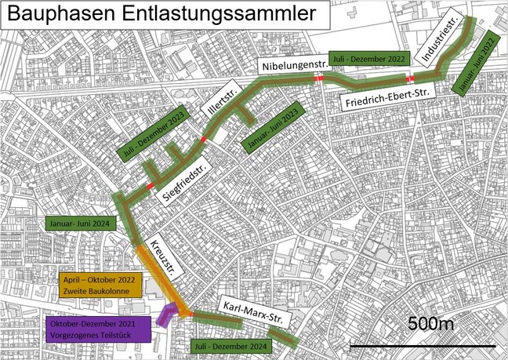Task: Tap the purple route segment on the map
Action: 166,316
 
